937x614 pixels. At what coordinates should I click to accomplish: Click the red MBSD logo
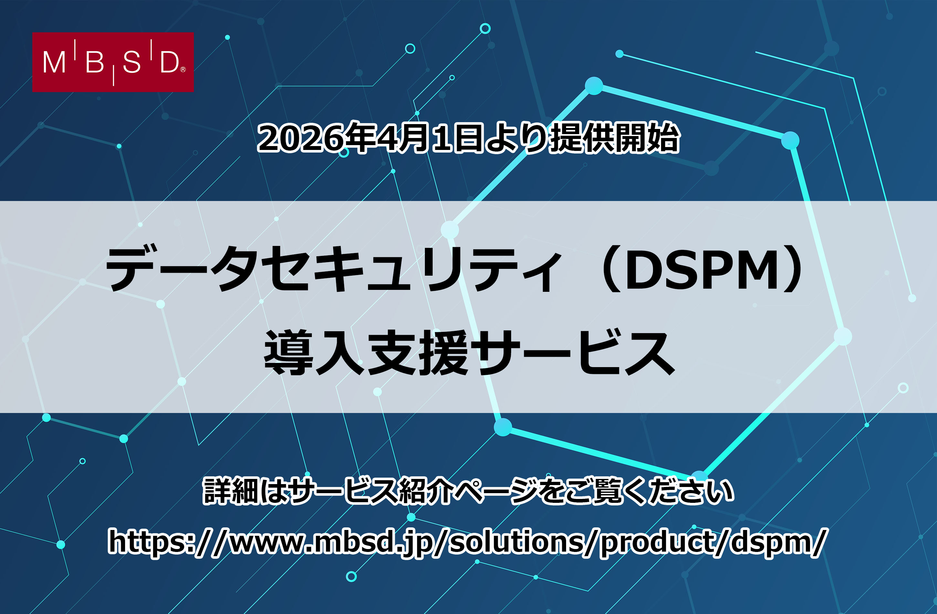tap(113, 62)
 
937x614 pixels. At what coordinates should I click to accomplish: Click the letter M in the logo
tap(54, 63)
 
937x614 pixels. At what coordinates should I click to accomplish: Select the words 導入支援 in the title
tap(366, 352)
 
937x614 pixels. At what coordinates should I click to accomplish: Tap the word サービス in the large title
tap(571, 352)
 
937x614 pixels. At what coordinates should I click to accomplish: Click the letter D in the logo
tap(169, 63)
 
